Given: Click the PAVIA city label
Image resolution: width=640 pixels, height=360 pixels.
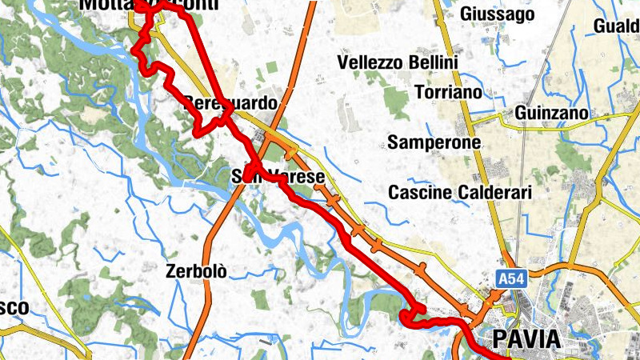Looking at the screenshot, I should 526,339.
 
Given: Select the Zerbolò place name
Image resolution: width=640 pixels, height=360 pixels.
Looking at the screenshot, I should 196,270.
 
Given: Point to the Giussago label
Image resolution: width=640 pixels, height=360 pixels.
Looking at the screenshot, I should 498,14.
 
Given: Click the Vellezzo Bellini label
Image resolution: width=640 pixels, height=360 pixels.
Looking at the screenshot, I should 398,62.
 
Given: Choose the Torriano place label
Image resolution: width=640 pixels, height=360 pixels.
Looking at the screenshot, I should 449,92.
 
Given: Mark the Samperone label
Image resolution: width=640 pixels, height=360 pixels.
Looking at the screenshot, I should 434,142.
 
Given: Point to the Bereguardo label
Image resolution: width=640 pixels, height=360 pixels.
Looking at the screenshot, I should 230,103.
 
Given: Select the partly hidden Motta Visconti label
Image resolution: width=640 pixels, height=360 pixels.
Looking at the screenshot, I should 148,6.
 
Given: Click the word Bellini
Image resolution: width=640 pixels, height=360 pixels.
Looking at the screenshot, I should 433,62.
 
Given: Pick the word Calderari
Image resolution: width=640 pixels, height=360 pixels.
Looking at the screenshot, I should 494,192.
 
